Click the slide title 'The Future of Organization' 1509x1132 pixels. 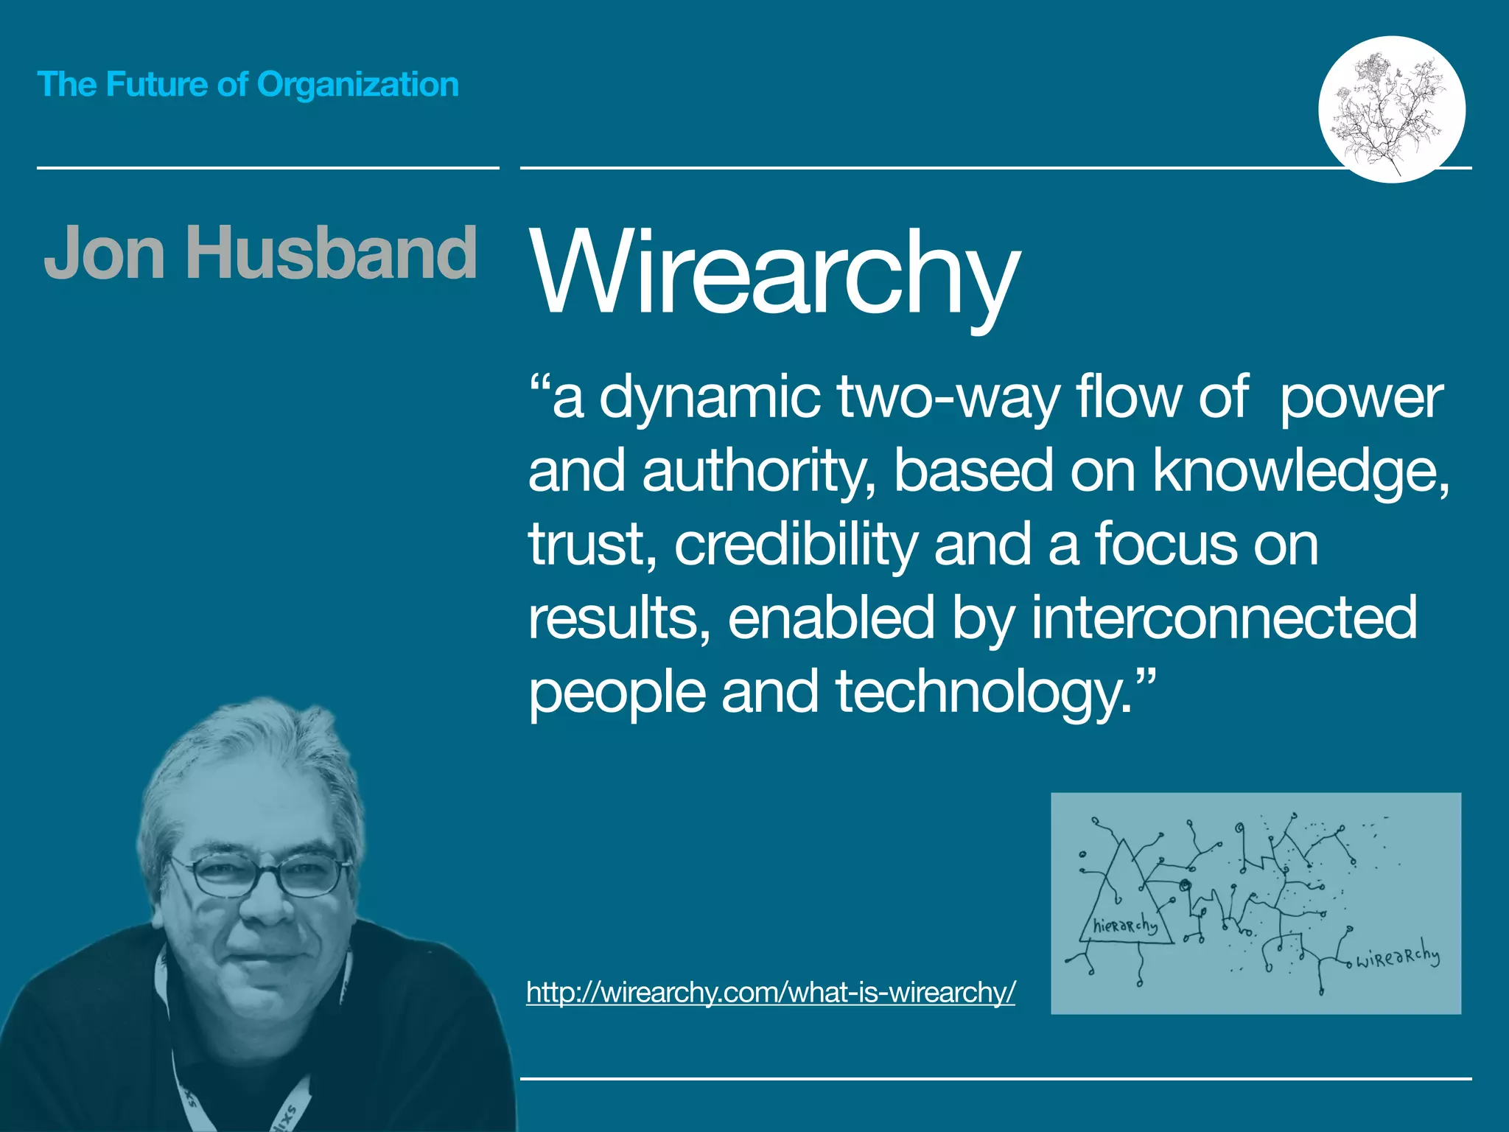248,84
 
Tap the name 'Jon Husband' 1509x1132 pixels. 260,253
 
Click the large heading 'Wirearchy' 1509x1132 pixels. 774,272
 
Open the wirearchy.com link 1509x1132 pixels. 771,993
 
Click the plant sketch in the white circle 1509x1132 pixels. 1391,109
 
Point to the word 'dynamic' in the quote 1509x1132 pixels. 709,398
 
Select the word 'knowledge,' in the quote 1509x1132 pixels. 1300,471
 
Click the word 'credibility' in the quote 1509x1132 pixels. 796,545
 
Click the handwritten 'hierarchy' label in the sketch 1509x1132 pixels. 1124,926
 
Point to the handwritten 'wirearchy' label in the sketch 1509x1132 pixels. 1397,957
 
